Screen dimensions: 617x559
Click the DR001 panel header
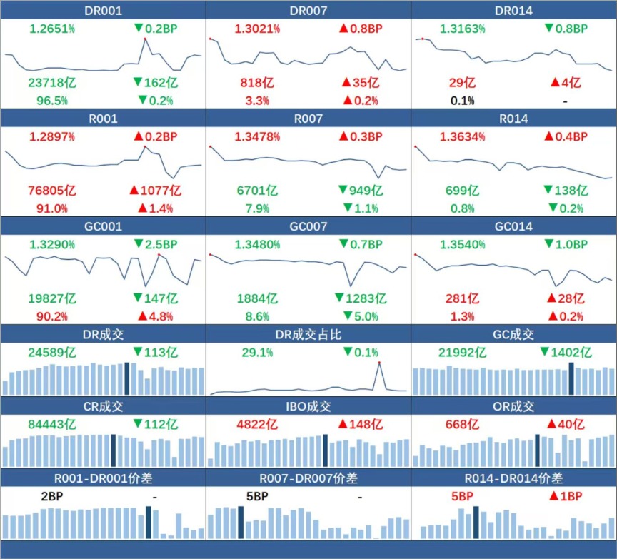[x=103, y=11]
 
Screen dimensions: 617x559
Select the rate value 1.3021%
[x=257, y=29]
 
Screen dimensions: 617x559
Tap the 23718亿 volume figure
[x=52, y=83]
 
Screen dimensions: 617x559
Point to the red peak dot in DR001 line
[x=145, y=39]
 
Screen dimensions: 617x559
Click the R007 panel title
[x=308, y=119]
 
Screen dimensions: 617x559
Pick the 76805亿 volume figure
[x=52, y=191]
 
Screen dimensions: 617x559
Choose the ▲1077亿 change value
[x=156, y=191]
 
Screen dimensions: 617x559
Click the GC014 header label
[x=513, y=226]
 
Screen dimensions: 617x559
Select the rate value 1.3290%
[x=52, y=245]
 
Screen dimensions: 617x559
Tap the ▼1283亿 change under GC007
[x=361, y=298]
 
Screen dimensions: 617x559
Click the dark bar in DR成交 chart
[x=126, y=378]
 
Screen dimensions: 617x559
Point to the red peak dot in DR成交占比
[x=379, y=362]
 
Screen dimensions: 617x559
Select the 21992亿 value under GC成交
[x=462, y=353]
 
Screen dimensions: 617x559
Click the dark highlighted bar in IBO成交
[x=326, y=450]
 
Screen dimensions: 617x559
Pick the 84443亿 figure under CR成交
[x=52, y=425]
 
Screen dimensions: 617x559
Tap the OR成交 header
[x=513, y=406]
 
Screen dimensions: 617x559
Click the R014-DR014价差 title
[x=513, y=478]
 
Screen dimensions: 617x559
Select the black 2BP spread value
[x=52, y=496]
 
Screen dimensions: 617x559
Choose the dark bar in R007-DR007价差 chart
[x=241, y=523]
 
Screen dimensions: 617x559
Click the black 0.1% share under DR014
[x=462, y=101]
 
